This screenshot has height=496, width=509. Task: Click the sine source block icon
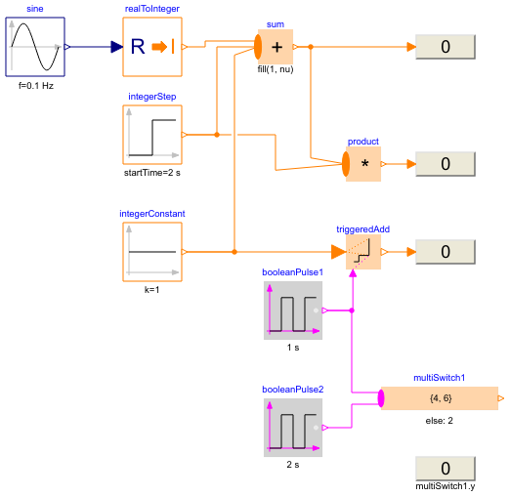[35, 46]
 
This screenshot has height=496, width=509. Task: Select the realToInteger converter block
[151, 46]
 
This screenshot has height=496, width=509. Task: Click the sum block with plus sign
[276, 46]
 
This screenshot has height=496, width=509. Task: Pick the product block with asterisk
[363, 164]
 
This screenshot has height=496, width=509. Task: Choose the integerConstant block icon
[151, 252]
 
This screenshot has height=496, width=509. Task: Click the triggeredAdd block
[363, 252]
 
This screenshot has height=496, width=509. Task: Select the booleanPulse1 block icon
[292, 310]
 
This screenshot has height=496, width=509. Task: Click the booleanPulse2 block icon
[292, 427]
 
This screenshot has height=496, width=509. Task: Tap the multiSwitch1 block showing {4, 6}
[440, 398]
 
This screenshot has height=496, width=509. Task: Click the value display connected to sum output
[445, 47]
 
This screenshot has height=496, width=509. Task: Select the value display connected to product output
[445, 164]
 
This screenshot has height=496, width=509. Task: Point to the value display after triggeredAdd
[445, 252]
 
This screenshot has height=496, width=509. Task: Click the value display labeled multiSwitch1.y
[445, 469]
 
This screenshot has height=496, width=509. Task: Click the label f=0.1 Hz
[35, 85]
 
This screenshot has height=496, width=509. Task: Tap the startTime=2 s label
[152, 173]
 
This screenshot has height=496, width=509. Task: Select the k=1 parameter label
[152, 290]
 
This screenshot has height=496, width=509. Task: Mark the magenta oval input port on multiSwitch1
[381, 398]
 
